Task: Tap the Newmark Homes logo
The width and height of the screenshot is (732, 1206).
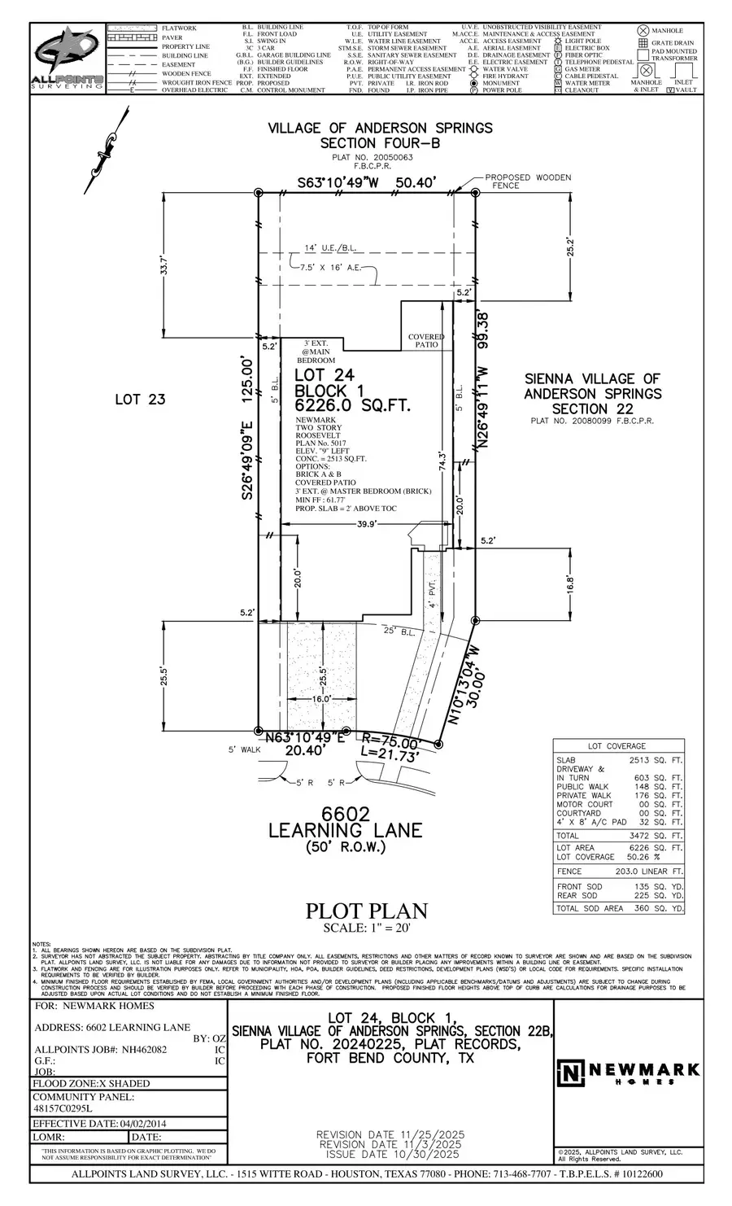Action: [x=617, y=1073]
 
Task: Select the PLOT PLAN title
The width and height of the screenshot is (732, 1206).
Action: [x=366, y=911]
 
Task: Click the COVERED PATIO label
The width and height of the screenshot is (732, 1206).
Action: [x=426, y=340]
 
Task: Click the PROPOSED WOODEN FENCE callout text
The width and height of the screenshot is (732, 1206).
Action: [x=528, y=181]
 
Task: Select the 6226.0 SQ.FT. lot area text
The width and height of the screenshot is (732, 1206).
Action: [x=352, y=406]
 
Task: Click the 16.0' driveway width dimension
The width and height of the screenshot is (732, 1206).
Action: [x=322, y=699]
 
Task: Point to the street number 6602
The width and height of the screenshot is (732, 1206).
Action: [x=346, y=814]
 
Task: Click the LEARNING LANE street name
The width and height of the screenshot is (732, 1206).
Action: [x=346, y=831]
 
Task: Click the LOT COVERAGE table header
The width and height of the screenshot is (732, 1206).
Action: [x=617, y=746]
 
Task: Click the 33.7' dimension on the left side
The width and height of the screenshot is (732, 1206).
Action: [x=164, y=266]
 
